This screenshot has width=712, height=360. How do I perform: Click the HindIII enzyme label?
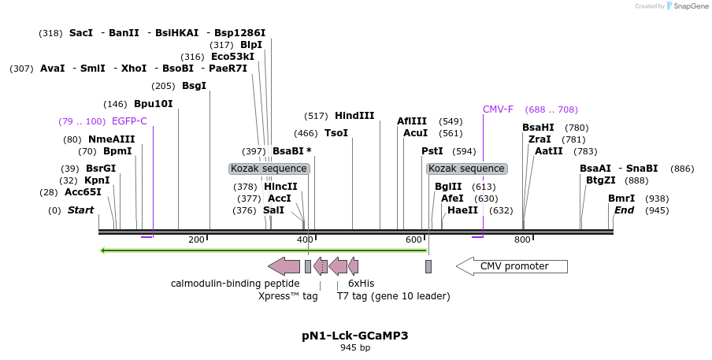(x=354, y=116)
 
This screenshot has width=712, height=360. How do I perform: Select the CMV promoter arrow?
(x=512, y=266)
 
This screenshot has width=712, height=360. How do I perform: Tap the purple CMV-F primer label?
(x=499, y=109)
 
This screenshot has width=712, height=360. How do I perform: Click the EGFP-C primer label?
(x=129, y=121)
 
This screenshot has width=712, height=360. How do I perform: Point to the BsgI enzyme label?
(x=194, y=86)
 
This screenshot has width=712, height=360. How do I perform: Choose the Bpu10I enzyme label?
(x=153, y=104)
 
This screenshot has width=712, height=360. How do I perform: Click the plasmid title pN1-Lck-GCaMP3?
(x=354, y=336)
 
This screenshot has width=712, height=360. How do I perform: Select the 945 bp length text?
(x=354, y=347)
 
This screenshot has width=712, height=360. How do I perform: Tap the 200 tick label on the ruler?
(x=196, y=239)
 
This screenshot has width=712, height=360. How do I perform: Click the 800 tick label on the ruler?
(x=522, y=239)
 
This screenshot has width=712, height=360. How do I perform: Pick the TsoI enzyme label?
(x=336, y=134)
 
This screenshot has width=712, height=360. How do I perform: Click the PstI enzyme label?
(x=432, y=151)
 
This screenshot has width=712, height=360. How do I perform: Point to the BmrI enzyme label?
(x=621, y=199)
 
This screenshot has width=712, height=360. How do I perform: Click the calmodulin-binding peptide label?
(x=235, y=284)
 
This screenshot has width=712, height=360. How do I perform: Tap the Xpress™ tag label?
(x=288, y=296)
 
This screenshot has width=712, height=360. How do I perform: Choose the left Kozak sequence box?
(x=269, y=169)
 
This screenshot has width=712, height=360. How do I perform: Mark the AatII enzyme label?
(x=549, y=151)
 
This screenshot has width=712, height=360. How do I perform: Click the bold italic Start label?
(x=81, y=210)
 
